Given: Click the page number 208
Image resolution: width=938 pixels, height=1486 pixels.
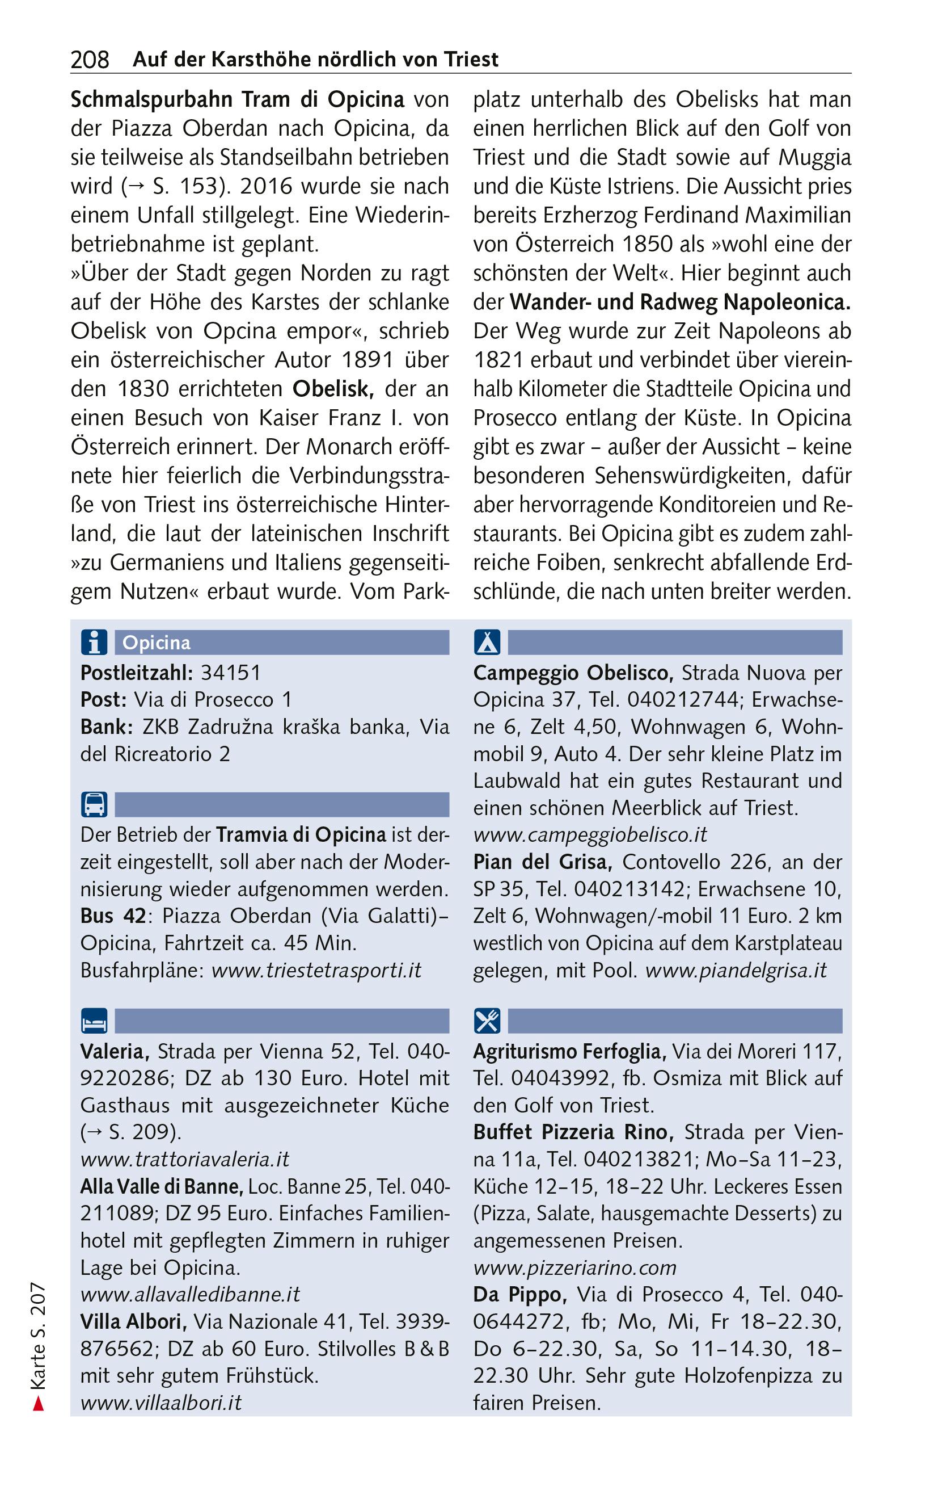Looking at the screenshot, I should [x=90, y=60].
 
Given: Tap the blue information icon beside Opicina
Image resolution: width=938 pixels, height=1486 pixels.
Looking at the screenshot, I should [x=94, y=643].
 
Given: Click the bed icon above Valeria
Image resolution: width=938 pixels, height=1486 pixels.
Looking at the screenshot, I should [x=94, y=1021].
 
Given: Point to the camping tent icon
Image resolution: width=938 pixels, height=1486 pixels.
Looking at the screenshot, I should [x=487, y=643].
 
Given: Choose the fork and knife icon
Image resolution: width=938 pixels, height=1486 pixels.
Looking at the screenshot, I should [x=487, y=1021].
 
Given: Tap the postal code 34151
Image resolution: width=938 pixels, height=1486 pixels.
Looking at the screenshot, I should [x=231, y=673].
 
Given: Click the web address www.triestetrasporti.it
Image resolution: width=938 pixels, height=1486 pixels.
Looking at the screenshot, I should [x=316, y=970].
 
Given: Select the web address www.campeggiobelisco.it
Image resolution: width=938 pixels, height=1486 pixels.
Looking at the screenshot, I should [x=590, y=835].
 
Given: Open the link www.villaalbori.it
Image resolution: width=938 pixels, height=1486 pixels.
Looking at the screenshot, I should [x=161, y=1403].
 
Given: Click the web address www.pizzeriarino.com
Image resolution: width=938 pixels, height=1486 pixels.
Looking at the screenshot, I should [x=574, y=1267].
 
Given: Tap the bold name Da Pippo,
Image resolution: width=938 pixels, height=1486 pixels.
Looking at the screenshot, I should [x=520, y=1294].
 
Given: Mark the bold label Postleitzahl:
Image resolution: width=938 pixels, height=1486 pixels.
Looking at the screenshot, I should [x=136, y=673].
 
